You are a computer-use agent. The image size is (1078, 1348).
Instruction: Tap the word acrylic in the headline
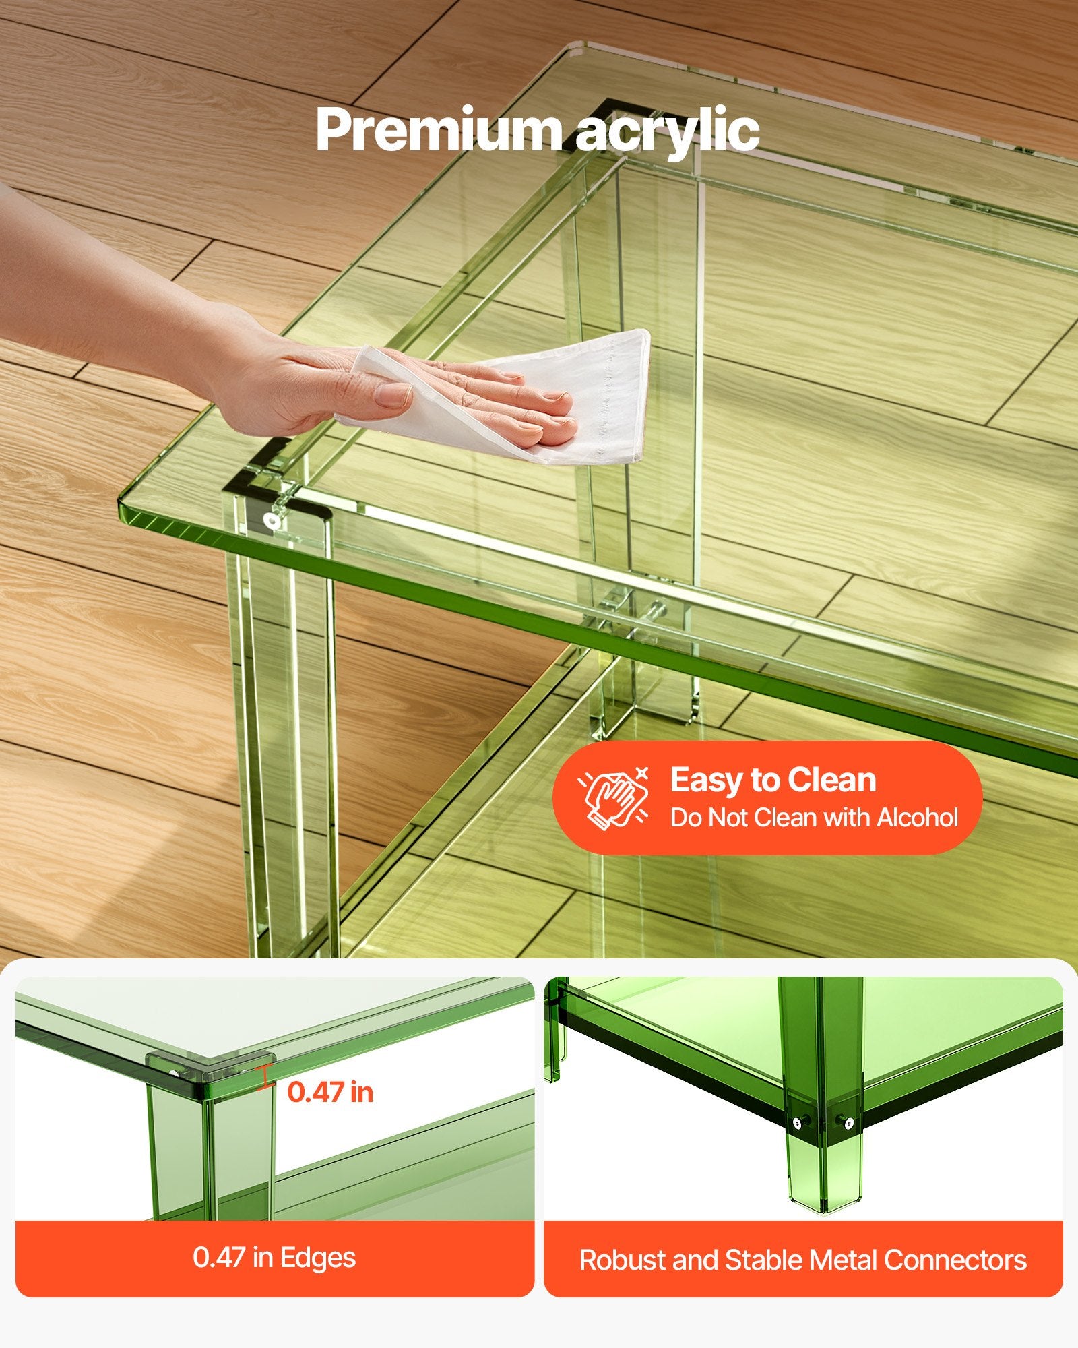[668, 133]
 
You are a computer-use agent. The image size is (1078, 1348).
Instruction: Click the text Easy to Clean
[773, 780]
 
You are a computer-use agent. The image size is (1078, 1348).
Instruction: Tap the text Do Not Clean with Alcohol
[814, 818]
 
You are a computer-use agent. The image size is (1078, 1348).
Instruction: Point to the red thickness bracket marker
[265, 1076]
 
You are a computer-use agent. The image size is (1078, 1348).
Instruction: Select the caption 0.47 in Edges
[274, 1258]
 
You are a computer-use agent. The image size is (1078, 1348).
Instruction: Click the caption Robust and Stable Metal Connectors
[803, 1260]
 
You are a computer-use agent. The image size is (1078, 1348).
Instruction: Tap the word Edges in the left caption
[318, 1258]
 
